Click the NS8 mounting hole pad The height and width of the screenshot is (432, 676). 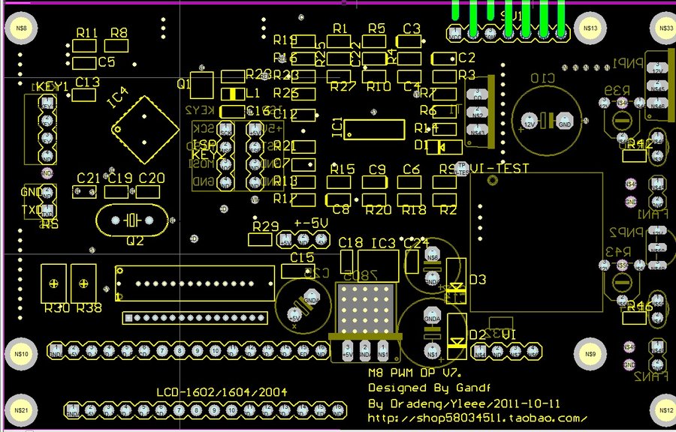click(21, 29)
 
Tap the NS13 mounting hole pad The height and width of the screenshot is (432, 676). click(590, 29)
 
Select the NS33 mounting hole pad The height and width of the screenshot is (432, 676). click(665, 29)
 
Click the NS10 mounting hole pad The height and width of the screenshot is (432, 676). click(21, 353)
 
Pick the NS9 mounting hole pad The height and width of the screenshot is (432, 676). click(590, 354)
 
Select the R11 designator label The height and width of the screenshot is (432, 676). click(87, 33)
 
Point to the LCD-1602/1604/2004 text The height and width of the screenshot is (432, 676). click(222, 392)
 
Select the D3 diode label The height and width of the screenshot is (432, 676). click(478, 280)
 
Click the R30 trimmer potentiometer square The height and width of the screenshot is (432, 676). click(54, 282)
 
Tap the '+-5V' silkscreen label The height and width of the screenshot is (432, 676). click(311, 223)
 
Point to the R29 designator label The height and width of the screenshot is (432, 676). click(266, 226)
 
